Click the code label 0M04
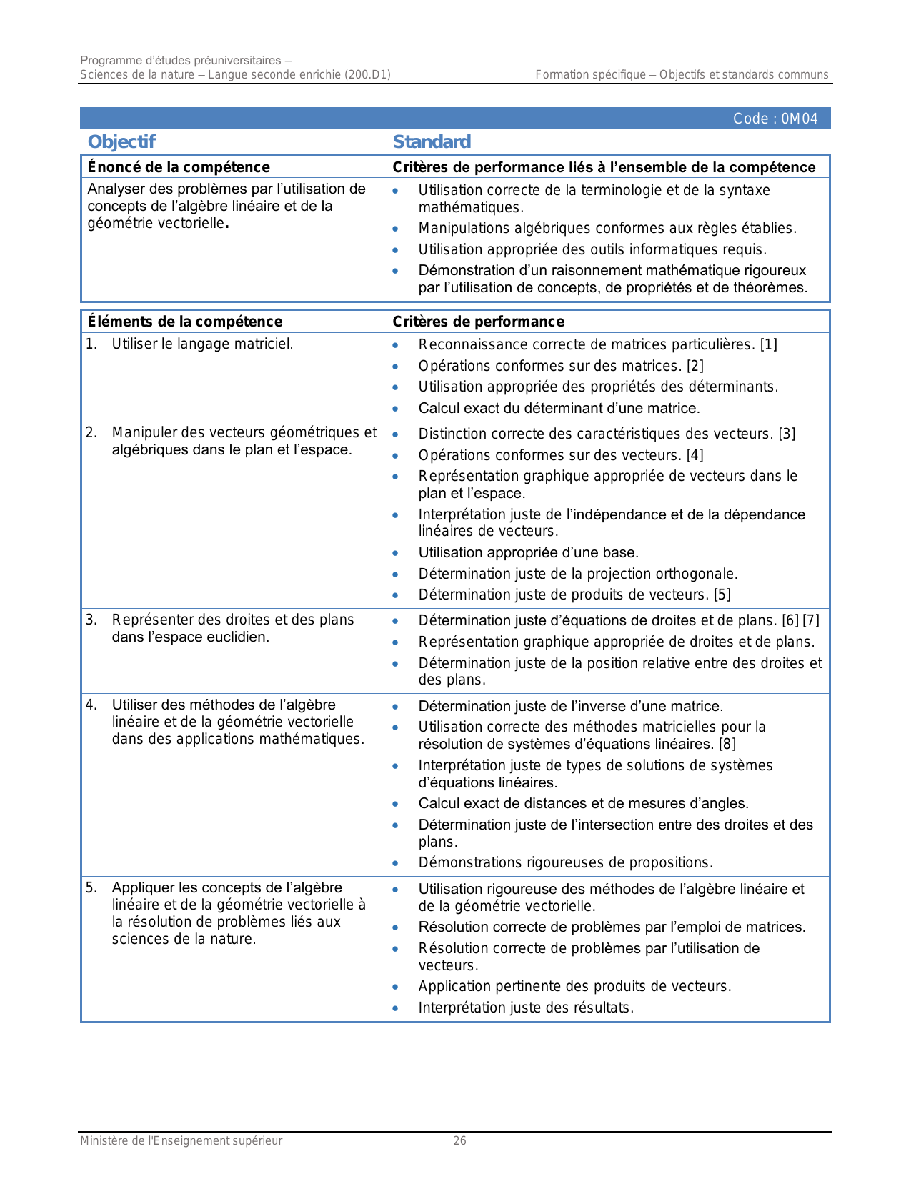(x=775, y=119)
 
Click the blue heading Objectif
(x=121, y=141)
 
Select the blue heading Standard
(x=432, y=141)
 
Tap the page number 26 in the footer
(x=459, y=1141)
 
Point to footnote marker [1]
(x=769, y=344)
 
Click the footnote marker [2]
(x=695, y=366)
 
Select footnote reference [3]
(x=787, y=434)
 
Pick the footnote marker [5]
(x=722, y=595)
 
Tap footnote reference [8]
(x=727, y=744)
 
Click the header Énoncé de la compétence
(x=179, y=167)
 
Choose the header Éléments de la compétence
(x=185, y=322)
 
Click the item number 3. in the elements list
(x=91, y=620)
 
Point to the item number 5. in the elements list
(x=91, y=887)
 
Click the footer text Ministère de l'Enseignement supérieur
(x=181, y=1141)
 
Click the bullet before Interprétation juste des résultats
(x=395, y=1008)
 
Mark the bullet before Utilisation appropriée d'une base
(x=395, y=553)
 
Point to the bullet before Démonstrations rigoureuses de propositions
(x=395, y=863)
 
